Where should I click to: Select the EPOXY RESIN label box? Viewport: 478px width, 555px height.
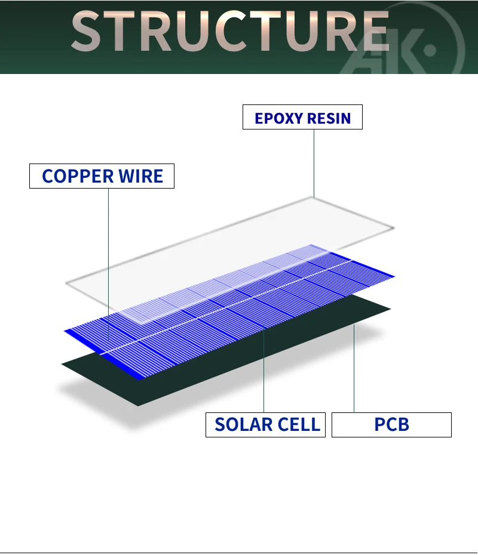302,118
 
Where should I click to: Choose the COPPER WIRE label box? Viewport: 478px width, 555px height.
102,177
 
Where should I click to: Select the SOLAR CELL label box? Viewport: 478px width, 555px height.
265,425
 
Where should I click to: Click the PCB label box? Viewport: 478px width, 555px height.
391,425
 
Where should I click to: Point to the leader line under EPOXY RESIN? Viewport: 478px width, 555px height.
314,161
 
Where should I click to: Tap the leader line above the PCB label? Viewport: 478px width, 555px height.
354,370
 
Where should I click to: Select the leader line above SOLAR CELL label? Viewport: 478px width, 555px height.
264,370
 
